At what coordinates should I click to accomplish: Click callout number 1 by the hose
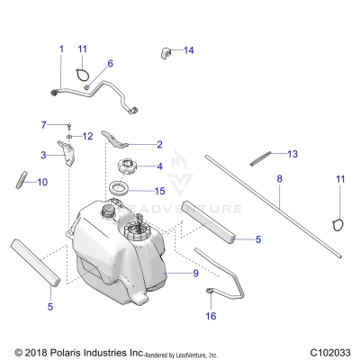tap(61, 48)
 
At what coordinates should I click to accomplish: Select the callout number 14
tap(189, 50)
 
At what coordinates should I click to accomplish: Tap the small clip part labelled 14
tap(166, 52)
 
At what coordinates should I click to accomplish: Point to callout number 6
tap(111, 64)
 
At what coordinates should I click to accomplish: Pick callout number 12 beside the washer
tap(88, 136)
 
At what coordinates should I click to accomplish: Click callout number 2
tap(159, 144)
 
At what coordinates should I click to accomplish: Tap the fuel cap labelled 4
tap(121, 167)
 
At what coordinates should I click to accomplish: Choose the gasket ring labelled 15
tap(118, 190)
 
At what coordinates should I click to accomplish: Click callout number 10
tap(41, 181)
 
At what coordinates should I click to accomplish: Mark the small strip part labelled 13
tap(257, 157)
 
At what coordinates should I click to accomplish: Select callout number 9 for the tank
tap(195, 272)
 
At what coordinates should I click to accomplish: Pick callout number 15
tap(159, 191)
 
